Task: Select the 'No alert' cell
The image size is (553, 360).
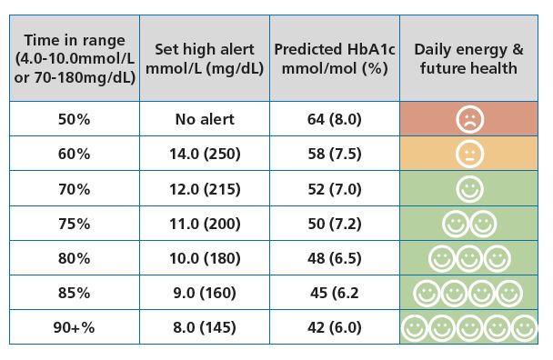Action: (205, 119)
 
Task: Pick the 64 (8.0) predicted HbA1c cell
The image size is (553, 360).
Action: (334, 119)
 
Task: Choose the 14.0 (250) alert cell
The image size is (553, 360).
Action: (205, 154)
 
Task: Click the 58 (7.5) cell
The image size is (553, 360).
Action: (334, 154)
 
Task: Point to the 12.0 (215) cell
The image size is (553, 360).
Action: (205, 189)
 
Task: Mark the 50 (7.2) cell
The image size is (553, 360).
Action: (334, 224)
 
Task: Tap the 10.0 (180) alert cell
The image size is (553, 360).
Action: (205, 258)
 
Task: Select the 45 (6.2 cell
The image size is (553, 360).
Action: (334, 293)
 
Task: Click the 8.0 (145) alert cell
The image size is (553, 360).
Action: (205, 327)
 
